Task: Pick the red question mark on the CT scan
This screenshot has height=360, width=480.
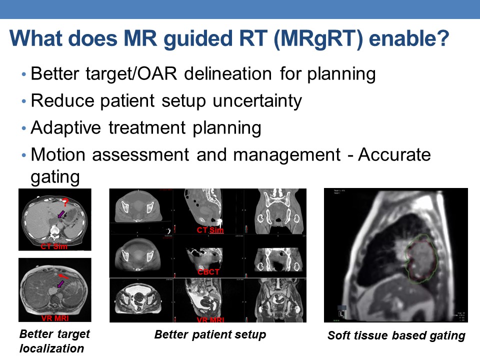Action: click(64, 202)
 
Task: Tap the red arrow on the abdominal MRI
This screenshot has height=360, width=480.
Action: click(63, 275)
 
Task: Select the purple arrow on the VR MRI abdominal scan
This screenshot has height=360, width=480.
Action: click(60, 284)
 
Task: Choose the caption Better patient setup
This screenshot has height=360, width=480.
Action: click(210, 334)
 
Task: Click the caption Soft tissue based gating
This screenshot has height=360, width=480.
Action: click(396, 336)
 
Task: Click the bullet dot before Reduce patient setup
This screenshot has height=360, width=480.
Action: click(23, 101)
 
